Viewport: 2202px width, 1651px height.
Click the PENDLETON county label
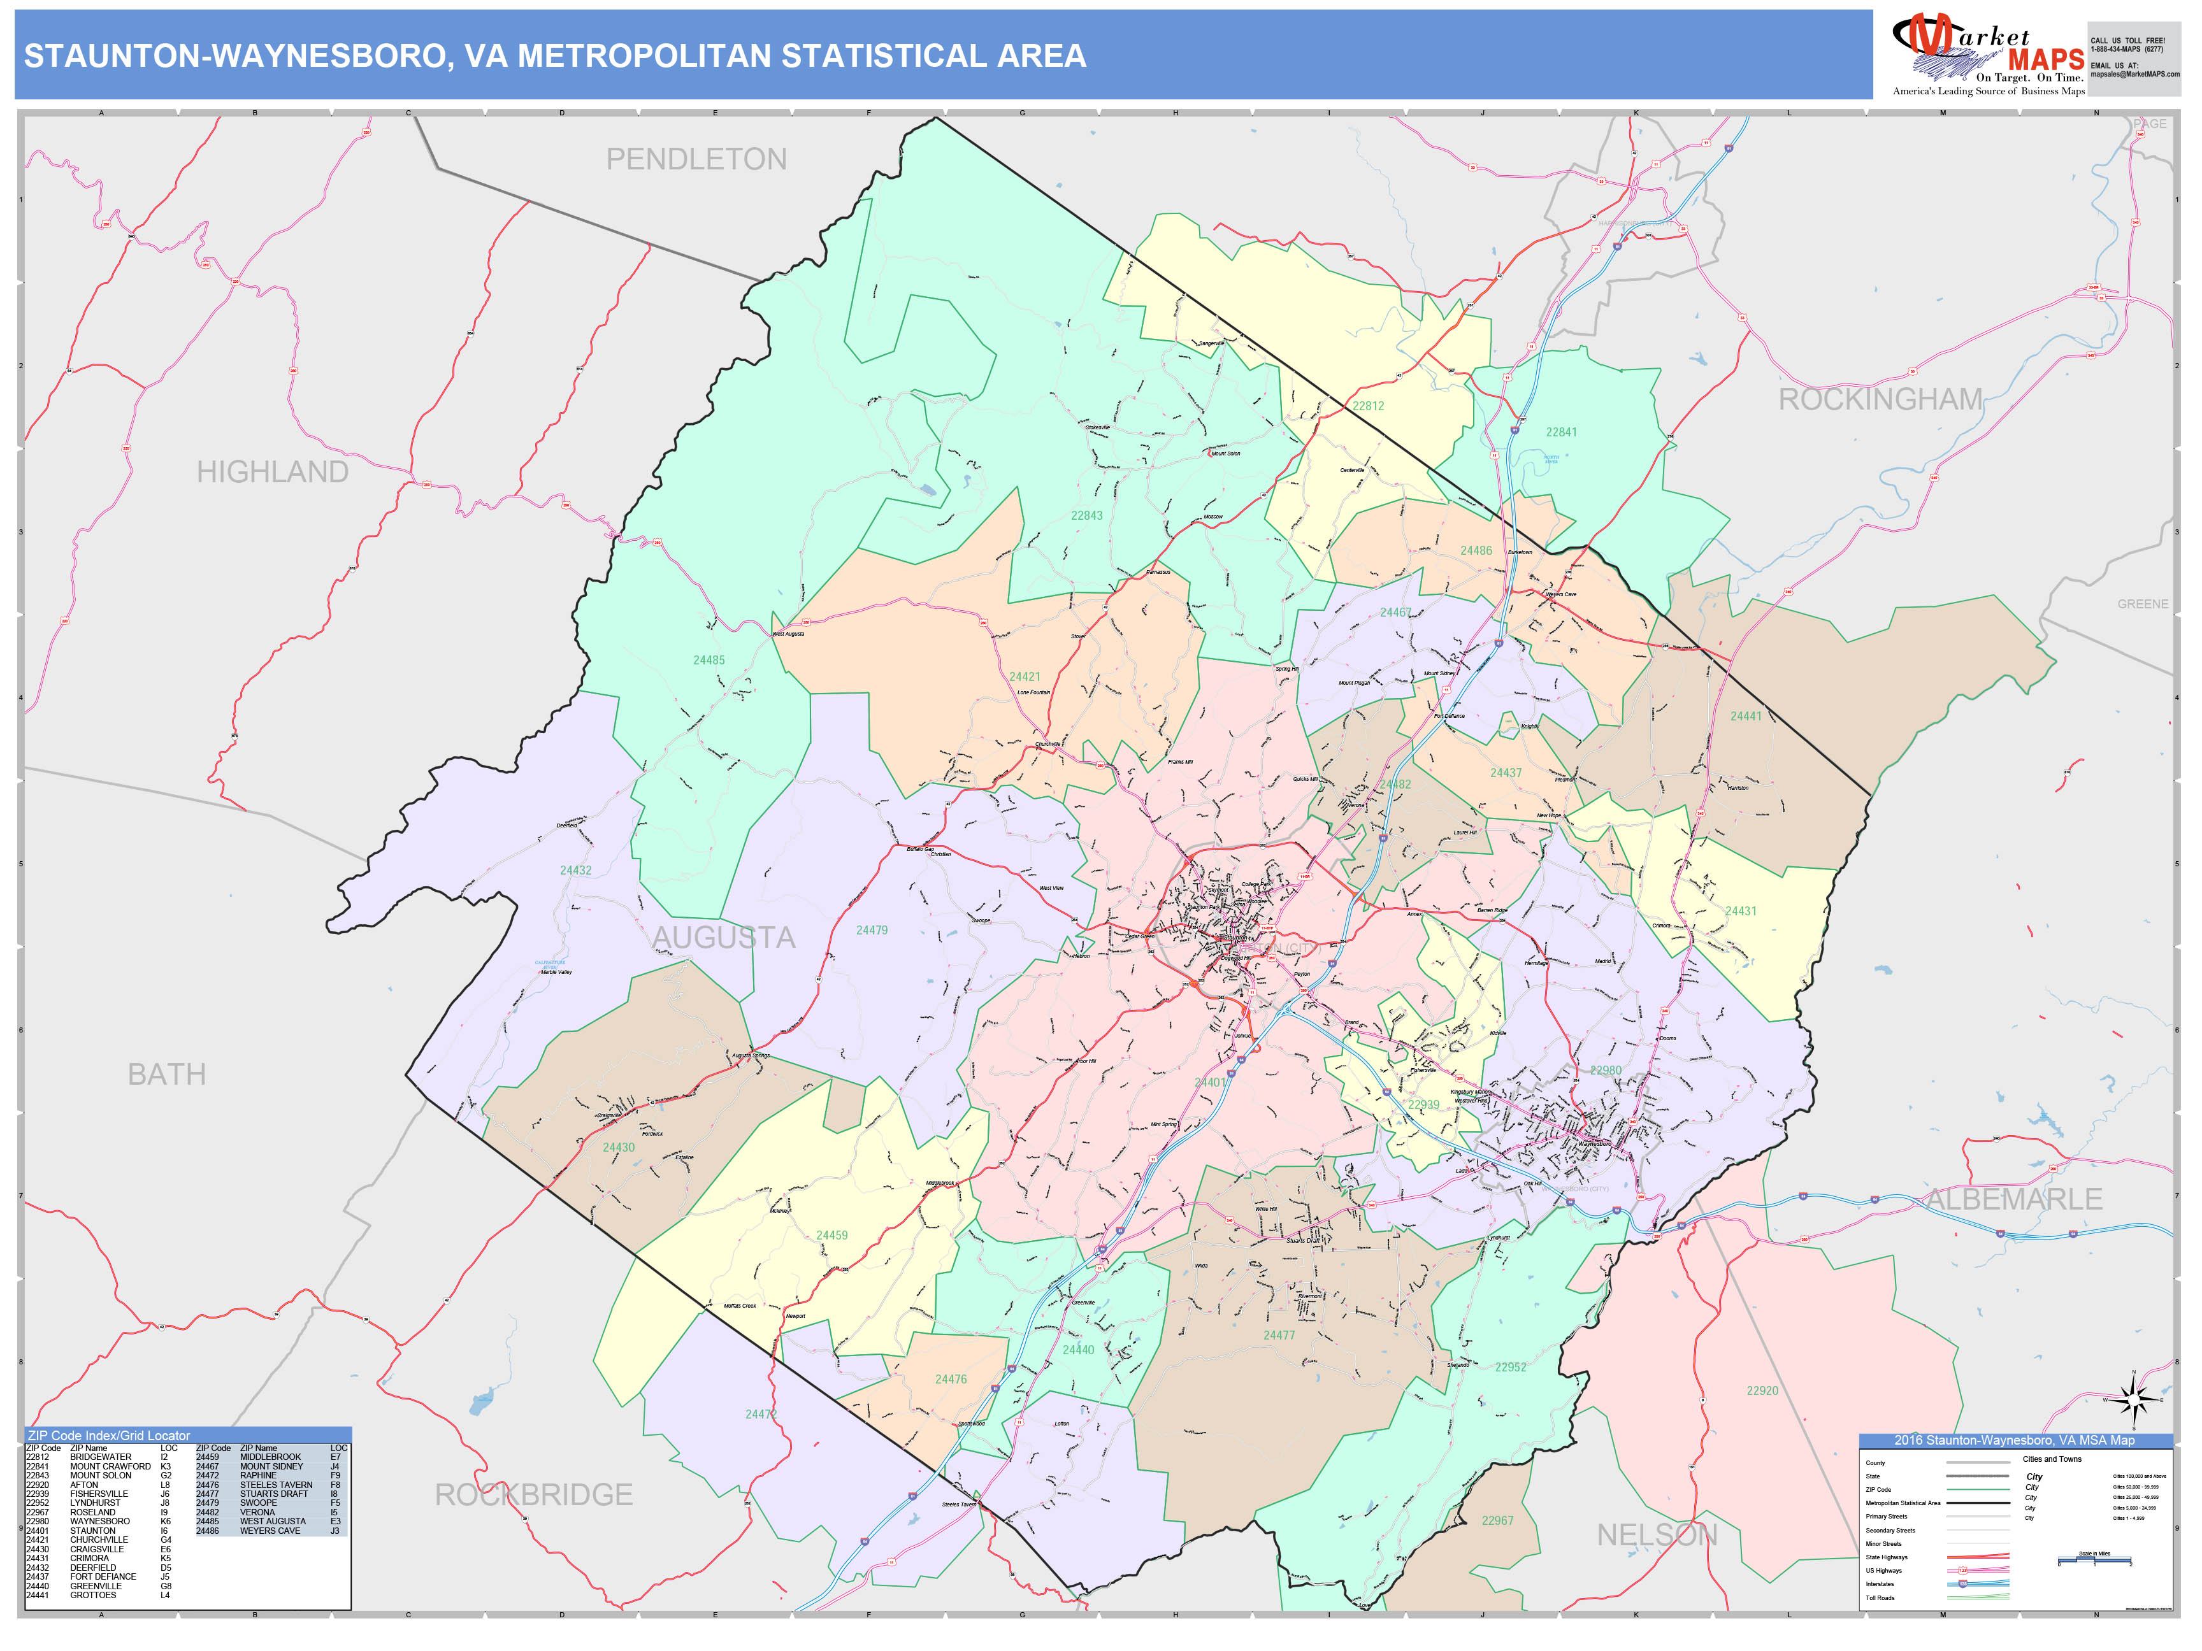(x=696, y=159)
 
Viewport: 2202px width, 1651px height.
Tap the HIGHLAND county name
(x=272, y=472)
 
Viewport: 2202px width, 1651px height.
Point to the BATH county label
(x=166, y=1075)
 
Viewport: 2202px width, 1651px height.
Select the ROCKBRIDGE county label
(x=533, y=1495)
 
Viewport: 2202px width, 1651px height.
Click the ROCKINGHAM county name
(x=1880, y=400)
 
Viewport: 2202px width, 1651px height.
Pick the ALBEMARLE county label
(x=2015, y=1200)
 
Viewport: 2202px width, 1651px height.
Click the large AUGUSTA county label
(x=724, y=938)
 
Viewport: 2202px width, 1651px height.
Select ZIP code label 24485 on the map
(x=709, y=661)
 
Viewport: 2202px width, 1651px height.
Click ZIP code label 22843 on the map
(x=1086, y=515)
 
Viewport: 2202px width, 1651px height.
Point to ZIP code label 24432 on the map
(x=575, y=871)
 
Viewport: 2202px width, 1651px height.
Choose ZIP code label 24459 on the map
(x=832, y=1236)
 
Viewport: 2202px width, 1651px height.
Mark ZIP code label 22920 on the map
(x=1762, y=1391)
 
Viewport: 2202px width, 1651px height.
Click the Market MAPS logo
(x=1987, y=55)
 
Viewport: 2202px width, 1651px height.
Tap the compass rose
(x=2133, y=1400)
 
